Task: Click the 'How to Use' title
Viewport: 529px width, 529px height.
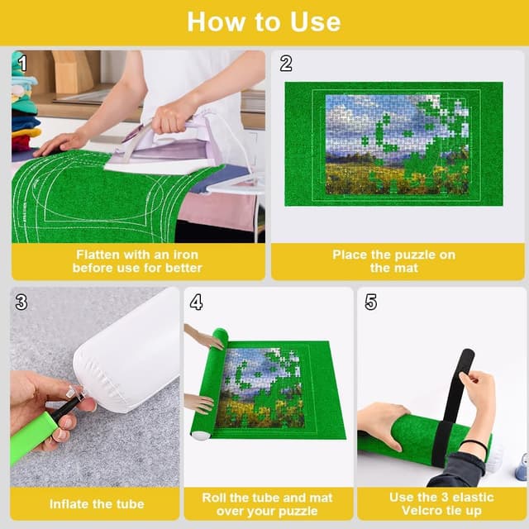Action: [264, 21]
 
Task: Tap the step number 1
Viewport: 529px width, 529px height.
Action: [23, 64]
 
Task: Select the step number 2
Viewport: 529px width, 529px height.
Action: [286, 64]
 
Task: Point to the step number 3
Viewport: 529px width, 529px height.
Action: [21, 303]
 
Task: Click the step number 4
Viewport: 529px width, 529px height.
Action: [196, 303]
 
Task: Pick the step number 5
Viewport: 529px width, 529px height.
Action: [370, 303]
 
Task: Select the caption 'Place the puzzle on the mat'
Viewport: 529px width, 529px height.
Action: [393, 261]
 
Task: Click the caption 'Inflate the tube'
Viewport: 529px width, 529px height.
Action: [96, 504]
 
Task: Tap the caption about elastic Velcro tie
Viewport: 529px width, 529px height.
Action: [441, 504]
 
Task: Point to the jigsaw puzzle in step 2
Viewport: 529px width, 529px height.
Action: [397, 144]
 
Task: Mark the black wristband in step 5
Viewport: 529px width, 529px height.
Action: [474, 447]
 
